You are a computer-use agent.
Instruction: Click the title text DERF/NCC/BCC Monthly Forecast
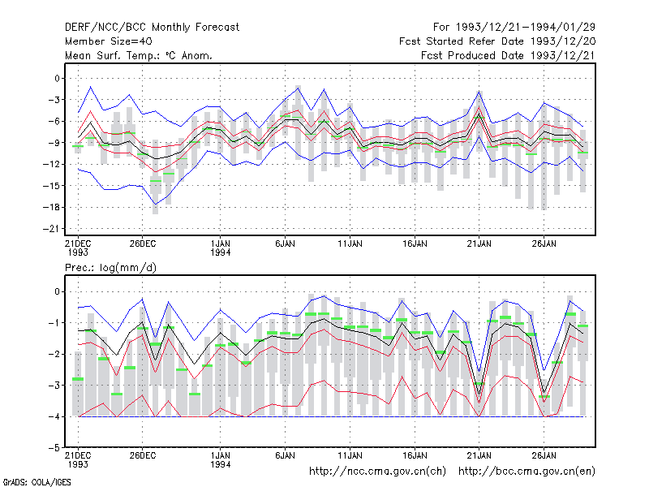pyautogui.click(x=152, y=28)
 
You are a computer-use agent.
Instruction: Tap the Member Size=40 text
pyautogui.click(x=109, y=41)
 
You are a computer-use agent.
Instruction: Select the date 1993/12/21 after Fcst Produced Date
pyautogui.click(x=562, y=55)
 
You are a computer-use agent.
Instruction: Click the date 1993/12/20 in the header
pyautogui.click(x=562, y=41)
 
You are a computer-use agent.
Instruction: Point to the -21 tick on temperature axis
pyautogui.click(x=51, y=229)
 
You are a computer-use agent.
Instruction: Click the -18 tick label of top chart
pyautogui.click(x=51, y=207)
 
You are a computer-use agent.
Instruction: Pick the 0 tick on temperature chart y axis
pyautogui.click(x=57, y=78)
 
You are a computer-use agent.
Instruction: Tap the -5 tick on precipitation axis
pyautogui.click(x=54, y=448)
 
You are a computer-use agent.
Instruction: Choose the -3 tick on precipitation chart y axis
pyautogui.click(x=54, y=385)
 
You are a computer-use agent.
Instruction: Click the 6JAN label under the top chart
pyautogui.click(x=286, y=243)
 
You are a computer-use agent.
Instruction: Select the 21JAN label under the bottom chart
pyautogui.click(x=479, y=455)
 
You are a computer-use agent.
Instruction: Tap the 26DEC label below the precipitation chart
pyautogui.click(x=143, y=455)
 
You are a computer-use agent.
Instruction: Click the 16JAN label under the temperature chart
pyautogui.click(x=415, y=243)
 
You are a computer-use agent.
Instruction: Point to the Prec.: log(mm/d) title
pyautogui.click(x=110, y=268)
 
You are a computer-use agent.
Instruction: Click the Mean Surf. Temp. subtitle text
pyautogui.click(x=114, y=55)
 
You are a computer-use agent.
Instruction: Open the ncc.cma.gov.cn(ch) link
pyautogui.click(x=377, y=472)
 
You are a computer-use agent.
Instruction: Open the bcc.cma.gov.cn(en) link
pyautogui.click(x=527, y=472)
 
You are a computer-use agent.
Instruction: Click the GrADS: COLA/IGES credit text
pyautogui.click(x=37, y=482)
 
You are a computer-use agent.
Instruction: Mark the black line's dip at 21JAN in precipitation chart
pyautogui.click(x=479, y=394)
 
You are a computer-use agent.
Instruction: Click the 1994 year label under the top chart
pyautogui.click(x=220, y=252)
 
